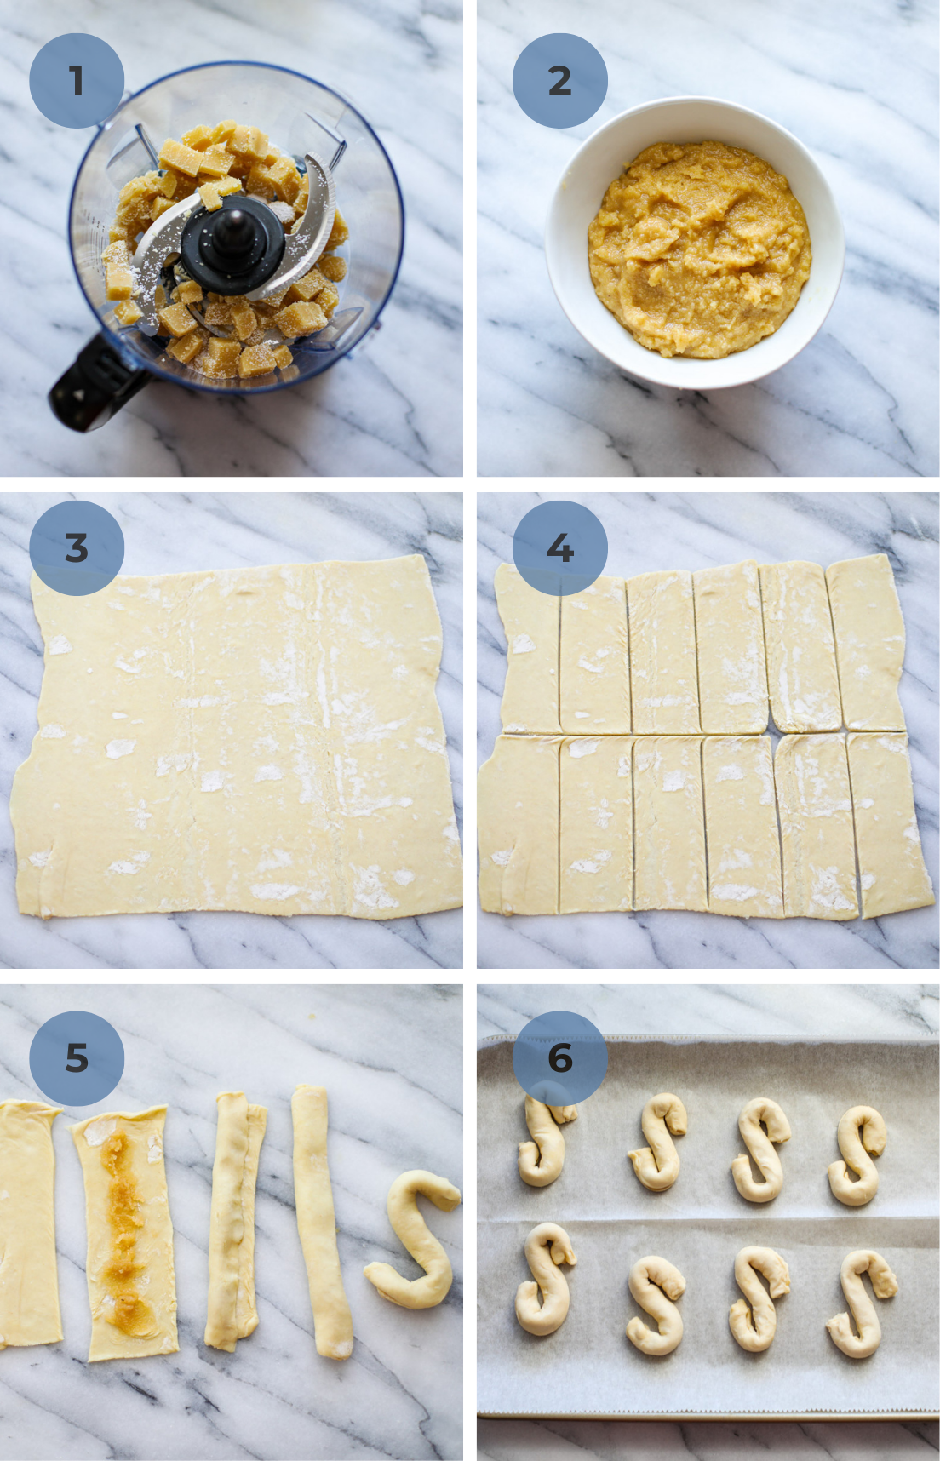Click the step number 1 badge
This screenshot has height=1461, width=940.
[x=77, y=81]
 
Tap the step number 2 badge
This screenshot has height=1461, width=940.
[x=559, y=81]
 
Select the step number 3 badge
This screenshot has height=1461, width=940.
[x=77, y=547]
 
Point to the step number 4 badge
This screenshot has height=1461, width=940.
[x=559, y=547]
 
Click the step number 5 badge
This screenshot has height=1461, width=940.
[x=77, y=1058]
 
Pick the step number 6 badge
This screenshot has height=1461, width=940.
[x=559, y=1058]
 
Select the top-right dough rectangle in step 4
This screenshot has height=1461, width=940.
[x=866, y=643]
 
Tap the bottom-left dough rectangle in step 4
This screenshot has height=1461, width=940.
[x=519, y=824]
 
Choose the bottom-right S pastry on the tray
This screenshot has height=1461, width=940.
[x=860, y=1303]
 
